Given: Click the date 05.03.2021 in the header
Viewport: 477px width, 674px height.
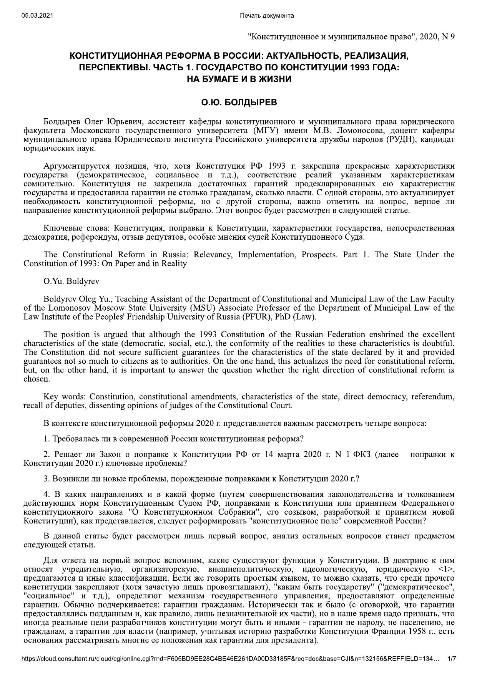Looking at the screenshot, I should coord(37,16).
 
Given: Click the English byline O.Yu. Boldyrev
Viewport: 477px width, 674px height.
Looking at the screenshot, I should coord(71,282).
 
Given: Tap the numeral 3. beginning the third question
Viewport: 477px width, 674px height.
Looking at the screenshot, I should coord(47,479).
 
